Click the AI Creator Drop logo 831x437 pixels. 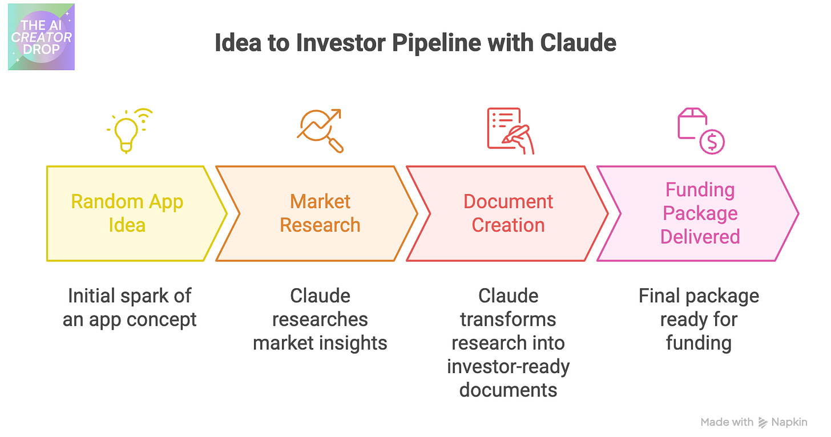pyautogui.click(x=41, y=37)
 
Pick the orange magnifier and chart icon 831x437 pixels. pyautogui.click(x=320, y=130)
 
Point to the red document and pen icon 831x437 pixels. pyautogui.click(x=510, y=130)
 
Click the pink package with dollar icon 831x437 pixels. pyautogui.click(x=700, y=131)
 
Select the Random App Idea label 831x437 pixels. pyautogui.click(x=127, y=213)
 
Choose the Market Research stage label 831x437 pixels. pyautogui.click(x=320, y=213)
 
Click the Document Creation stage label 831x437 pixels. pyautogui.click(x=508, y=213)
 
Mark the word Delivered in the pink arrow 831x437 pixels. pyautogui.click(x=700, y=236)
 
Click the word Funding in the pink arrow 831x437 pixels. pyautogui.click(x=700, y=190)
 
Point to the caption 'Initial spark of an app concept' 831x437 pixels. pyautogui.click(x=130, y=307)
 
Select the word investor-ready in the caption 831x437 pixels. pyautogui.click(x=508, y=366)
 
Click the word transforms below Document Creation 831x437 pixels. pyautogui.click(x=508, y=319)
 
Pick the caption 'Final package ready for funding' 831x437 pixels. pyautogui.click(x=699, y=319)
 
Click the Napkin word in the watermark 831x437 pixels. pyautogui.click(x=790, y=422)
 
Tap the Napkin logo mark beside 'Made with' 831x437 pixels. pyautogui.click(x=763, y=423)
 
